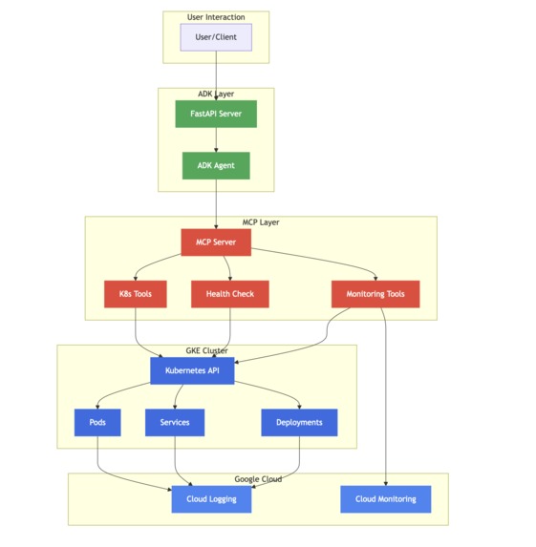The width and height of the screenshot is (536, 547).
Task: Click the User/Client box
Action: tap(216, 37)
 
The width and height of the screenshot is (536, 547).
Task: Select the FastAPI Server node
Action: tap(216, 114)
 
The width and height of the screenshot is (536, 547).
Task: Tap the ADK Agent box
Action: tap(216, 165)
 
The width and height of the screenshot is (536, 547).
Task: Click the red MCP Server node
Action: tap(216, 242)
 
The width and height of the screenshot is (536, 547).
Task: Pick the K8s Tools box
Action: tap(135, 294)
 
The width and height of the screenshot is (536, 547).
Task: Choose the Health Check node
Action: tap(229, 294)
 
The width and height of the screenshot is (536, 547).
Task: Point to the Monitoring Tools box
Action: tap(375, 294)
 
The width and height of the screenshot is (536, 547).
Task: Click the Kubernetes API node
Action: tap(192, 370)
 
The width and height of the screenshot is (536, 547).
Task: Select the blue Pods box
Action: tap(97, 422)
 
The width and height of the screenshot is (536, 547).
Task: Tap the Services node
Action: tap(175, 422)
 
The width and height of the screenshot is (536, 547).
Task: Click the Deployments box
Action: tap(299, 422)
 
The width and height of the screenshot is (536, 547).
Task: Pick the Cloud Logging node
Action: tap(211, 499)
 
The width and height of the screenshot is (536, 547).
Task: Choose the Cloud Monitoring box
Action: tap(385, 499)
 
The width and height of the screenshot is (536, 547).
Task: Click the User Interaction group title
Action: tap(216, 17)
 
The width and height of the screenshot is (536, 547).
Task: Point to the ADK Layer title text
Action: tap(216, 94)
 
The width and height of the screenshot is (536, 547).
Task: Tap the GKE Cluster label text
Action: tap(206, 350)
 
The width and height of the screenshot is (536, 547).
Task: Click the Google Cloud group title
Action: tap(258, 479)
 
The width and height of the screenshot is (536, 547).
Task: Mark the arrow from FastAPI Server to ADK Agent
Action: tap(216, 139)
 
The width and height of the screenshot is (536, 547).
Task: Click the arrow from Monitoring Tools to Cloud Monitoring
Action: tap(385, 401)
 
